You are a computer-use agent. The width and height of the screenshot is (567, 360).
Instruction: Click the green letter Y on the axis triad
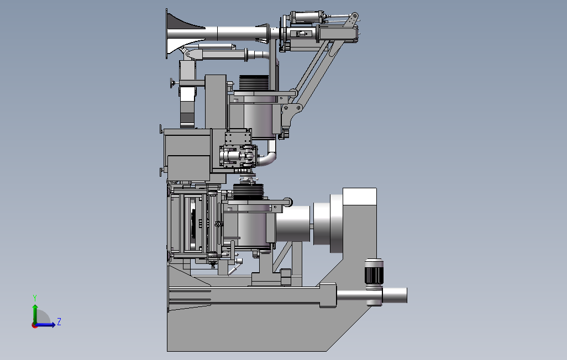point(35,298)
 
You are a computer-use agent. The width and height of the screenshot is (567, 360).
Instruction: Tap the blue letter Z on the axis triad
point(59,322)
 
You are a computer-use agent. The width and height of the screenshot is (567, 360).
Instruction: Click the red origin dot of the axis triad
point(34,326)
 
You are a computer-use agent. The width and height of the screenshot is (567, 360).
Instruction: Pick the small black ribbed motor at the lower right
point(374,271)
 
